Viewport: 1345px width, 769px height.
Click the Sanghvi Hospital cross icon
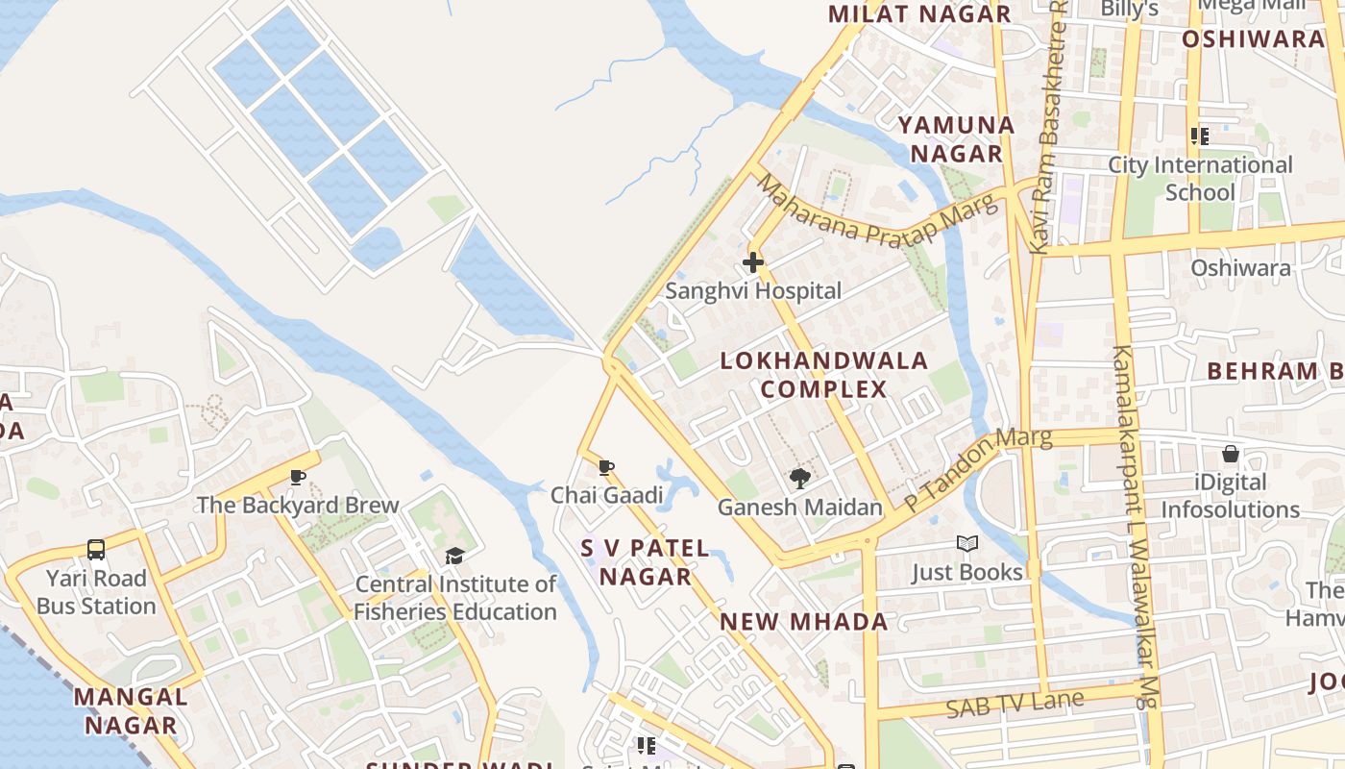point(753,261)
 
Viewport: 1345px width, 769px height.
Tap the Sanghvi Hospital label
point(753,290)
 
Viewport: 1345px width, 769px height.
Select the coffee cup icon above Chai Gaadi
point(606,468)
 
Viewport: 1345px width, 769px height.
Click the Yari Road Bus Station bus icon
point(96,550)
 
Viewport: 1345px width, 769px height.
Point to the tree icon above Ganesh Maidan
point(799,479)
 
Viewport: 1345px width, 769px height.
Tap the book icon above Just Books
point(967,545)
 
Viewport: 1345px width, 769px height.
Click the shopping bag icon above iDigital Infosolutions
point(1231,454)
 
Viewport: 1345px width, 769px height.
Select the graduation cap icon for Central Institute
point(454,557)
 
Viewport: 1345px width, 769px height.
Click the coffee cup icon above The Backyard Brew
point(298,477)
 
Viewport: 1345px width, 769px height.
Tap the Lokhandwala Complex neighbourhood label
point(824,375)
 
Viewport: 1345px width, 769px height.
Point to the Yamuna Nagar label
point(956,139)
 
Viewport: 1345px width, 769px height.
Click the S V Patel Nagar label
point(646,562)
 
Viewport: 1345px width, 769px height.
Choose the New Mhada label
point(804,621)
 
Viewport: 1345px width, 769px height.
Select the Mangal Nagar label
point(131,710)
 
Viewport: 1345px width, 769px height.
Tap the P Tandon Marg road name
point(978,469)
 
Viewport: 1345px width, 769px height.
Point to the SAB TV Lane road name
point(1015,705)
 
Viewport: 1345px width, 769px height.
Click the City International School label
point(1201,178)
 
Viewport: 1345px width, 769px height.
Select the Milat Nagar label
point(919,13)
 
